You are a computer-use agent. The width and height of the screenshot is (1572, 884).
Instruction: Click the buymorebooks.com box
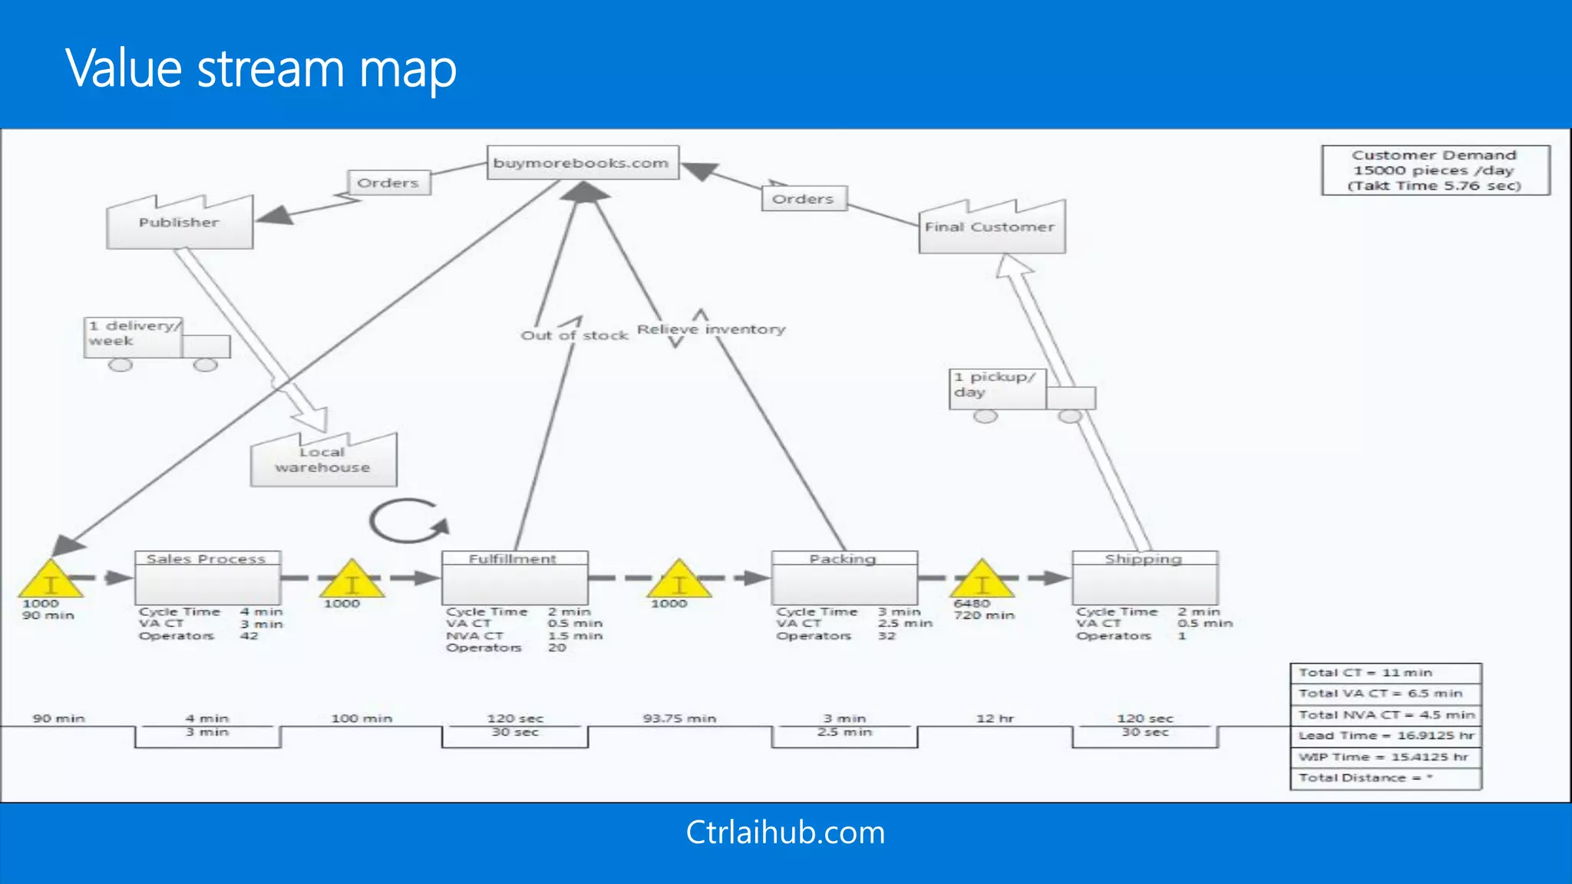pyautogui.click(x=583, y=163)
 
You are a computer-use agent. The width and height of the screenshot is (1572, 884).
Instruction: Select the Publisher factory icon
pyautogui.click(x=180, y=223)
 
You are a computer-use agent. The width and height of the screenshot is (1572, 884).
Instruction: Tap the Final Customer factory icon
pyautogui.click(x=991, y=228)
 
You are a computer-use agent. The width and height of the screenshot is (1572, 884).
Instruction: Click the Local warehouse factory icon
pyautogui.click(x=323, y=460)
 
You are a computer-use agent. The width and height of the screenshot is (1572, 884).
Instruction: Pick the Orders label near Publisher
pyautogui.click(x=388, y=183)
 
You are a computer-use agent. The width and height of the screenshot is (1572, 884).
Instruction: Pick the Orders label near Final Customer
pyautogui.click(x=803, y=199)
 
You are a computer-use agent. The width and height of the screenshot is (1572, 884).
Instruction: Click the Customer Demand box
pyautogui.click(x=1435, y=170)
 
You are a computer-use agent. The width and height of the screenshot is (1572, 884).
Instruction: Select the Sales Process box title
pyautogui.click(x=206, y=559)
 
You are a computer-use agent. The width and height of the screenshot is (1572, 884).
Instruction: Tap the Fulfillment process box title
pyautogui.click(x=514, y=559)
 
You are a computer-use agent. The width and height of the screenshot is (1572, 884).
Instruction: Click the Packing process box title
pyautogui.click(x=843, y=559)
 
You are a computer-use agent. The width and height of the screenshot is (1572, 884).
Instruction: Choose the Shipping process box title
pyautogui.click(x=1144, y=559)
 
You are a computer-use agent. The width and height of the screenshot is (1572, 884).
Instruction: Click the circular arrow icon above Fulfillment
pyautogui.click(x=408, y=522)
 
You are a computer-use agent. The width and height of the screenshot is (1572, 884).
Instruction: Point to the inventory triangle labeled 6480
pyautogui.click(x=982, y=581)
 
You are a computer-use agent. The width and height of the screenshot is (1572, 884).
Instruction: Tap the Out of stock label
pyautogui.click(x=574, y=335)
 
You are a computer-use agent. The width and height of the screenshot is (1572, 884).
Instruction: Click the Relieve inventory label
pyautogui.click(x=712, y=329)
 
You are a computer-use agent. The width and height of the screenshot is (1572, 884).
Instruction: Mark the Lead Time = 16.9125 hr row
pyautogui.click(x=1385, y=735)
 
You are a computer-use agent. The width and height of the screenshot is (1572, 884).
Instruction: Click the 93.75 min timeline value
pyautogui.click(x=679, y=718)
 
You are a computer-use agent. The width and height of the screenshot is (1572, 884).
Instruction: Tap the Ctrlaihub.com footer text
pyautogui.click(x=785, y=833)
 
